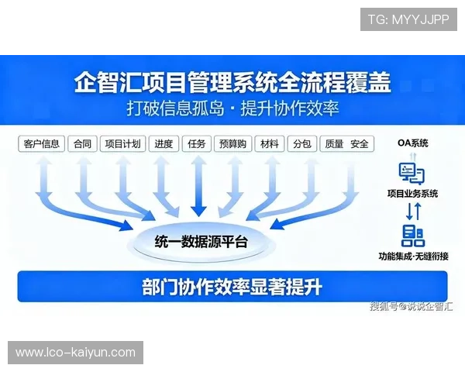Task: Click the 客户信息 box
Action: [42, 143]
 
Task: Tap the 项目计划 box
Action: [122, 143]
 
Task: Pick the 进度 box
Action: [164, 143]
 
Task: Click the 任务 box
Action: [198, 143]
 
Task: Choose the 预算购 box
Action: [233, 143]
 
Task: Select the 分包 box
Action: [301, 143]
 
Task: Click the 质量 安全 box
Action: [346, 143]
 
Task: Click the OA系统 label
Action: [412, 143]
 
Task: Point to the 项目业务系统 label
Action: [412, 194]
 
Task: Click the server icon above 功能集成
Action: [412, 235]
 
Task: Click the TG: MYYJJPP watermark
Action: [409, 19]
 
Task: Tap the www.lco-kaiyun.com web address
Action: [76, 353]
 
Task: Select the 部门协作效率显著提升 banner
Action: [232, 287]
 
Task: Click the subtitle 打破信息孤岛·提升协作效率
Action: [232, 107]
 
